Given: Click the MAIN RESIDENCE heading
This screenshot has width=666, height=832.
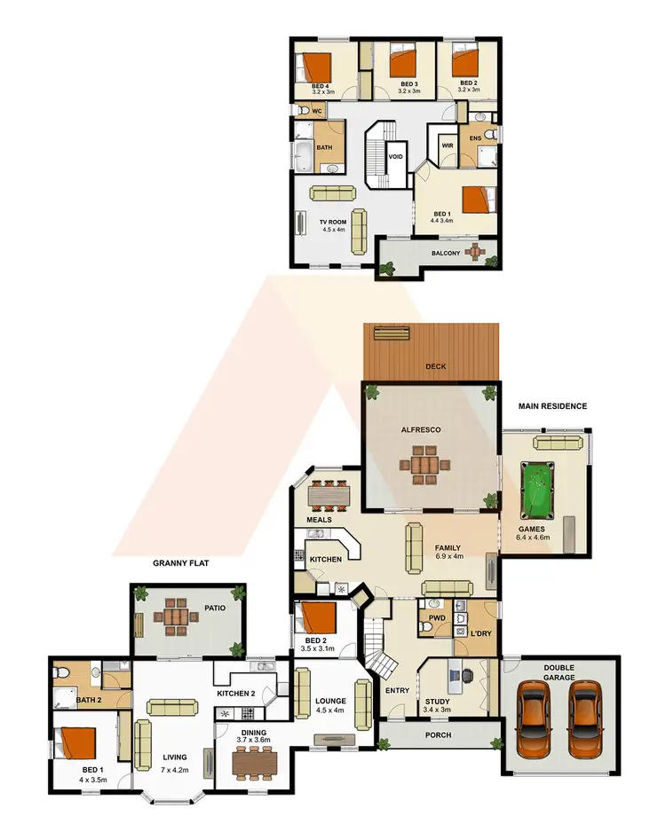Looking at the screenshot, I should pyautogui.click(x=553, y=406).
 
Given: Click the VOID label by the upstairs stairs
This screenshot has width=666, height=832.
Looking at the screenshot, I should pyautogui.click(x=396, y=157).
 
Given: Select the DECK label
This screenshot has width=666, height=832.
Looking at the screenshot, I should pyautogui.click(x=434, y=365).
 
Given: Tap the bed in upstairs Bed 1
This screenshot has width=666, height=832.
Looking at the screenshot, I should pyautogui.click(x=474, y=200).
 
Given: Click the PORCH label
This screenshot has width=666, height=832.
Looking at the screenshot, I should pyautogui.click(x=439, y=735).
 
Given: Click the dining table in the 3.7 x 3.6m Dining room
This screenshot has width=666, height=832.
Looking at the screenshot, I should pyautogui.click(x=255, y=760).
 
